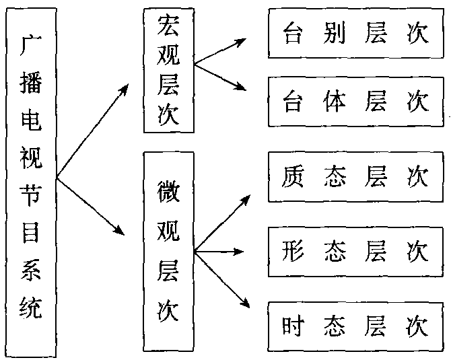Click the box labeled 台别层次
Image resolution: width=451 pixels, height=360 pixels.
[x=355, y=34]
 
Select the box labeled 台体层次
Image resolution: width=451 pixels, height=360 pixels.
[x=355, y=101]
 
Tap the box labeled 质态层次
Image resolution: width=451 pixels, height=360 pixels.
[x=355, y=177]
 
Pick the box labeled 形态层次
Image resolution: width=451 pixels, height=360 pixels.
[x=355, y=252]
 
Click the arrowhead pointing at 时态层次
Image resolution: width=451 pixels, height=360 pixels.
[x=243, y=305]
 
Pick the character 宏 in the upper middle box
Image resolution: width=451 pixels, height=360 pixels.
[x=168, y=26]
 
